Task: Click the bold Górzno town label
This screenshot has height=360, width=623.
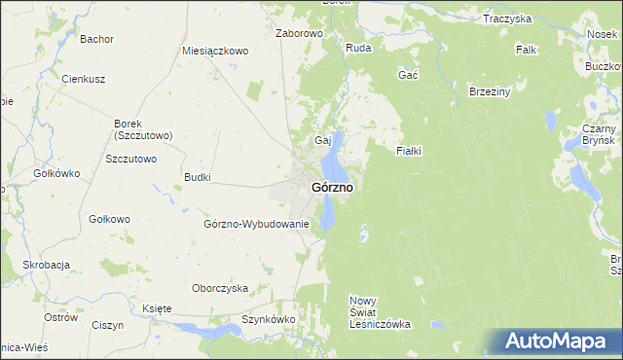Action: tap(332, 186)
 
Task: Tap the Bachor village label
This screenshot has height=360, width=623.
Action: tap(97, 40)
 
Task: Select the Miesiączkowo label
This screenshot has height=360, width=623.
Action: tap(216, 51)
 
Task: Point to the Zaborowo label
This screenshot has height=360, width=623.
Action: tap(299, 33)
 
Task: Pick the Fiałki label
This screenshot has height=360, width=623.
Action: tap(408, 151)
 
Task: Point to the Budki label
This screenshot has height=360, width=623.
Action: tap(198, 178)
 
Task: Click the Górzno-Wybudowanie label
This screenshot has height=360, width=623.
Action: tap(256, 224)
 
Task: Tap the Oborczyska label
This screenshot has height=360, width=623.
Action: tap(220, 288)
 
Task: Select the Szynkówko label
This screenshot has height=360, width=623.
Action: tap(269, 318)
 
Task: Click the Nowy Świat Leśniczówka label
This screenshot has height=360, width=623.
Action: tap(380, 312)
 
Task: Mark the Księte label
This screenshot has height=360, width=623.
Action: tap(157, 308)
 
